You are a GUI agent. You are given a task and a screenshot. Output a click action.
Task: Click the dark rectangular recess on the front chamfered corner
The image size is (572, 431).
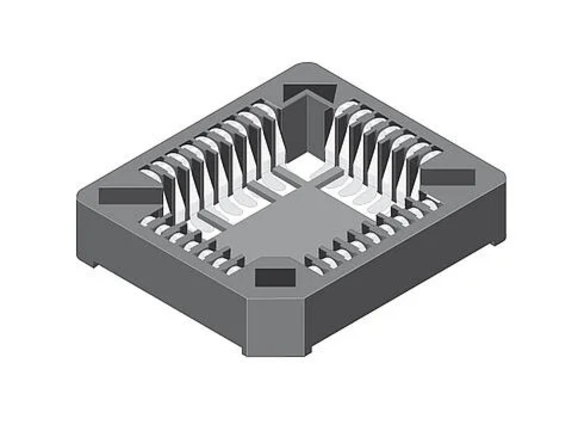coord(275,277)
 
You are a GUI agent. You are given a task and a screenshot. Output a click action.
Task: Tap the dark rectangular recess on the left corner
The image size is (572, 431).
coord(131,196)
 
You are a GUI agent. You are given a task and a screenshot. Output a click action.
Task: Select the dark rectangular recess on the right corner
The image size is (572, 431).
coord(448,177)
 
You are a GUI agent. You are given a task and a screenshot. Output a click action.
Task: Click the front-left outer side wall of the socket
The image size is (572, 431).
coord(160,262)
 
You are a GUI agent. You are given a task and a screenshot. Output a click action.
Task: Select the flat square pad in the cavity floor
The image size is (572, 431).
coord(287,223)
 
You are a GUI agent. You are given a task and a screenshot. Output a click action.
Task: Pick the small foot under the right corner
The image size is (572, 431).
coord(498,242)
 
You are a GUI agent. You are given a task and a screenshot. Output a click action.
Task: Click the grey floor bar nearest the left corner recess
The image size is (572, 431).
coord(212,220)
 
